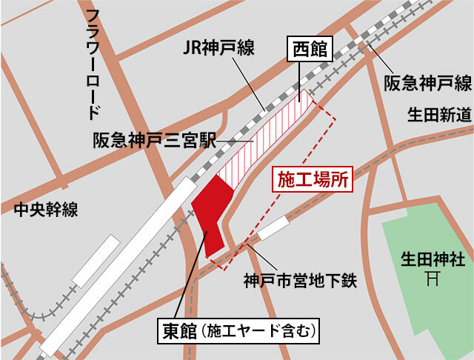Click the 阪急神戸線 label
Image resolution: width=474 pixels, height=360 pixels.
427,81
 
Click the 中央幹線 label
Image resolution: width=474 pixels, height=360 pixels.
46,210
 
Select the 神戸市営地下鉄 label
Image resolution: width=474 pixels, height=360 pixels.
301,281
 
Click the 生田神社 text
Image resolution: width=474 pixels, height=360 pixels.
433,260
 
